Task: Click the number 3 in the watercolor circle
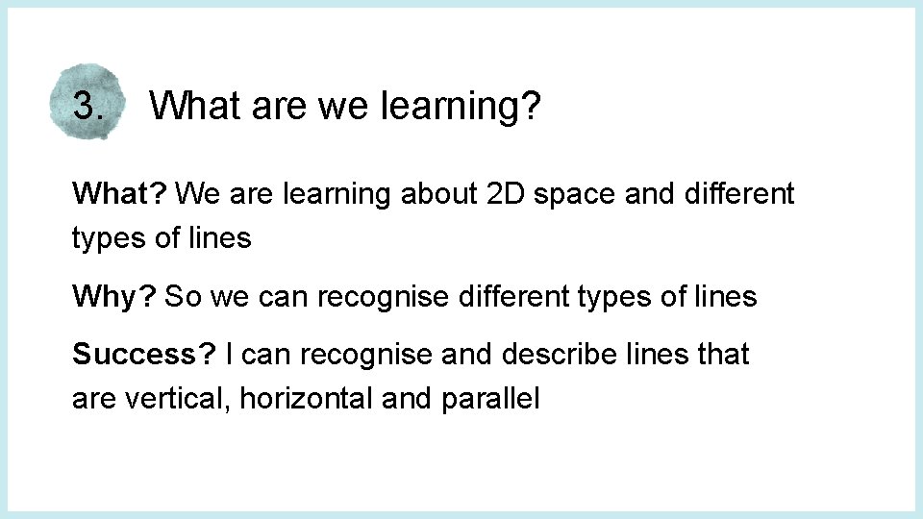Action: click(85, 105)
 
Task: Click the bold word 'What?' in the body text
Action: click(120, 194)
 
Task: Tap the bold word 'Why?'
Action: click(114, 297)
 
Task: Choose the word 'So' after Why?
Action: click(183, 297)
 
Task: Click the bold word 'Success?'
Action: click(144, 355)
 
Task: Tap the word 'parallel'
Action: click(490, 399)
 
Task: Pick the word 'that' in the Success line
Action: click(723, 355)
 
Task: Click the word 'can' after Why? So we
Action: click(282, 298)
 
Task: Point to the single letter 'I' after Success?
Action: click(228, 355)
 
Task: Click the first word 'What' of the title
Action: click(195, 106)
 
